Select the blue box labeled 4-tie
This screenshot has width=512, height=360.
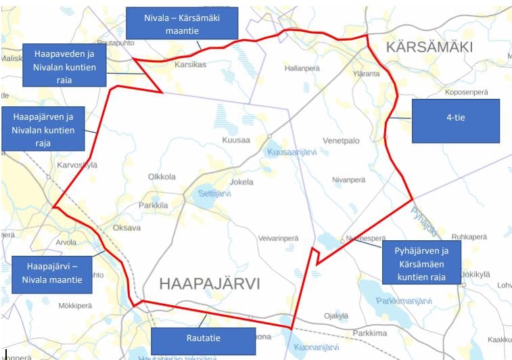click(x=455, y=120)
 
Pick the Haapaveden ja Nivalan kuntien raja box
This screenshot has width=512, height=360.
click(x=64, y=65)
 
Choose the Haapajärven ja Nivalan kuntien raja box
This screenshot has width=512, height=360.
click(x=43, y=128)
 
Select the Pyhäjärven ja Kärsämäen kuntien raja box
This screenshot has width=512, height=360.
click(x=421, y=264)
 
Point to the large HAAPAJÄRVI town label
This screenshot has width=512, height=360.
click(x=209, y=284)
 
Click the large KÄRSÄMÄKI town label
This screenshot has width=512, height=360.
click(x=429, y=47)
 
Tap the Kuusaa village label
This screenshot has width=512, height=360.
click(x=236, y=140)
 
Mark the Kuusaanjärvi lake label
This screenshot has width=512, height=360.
click(x=293, y=153)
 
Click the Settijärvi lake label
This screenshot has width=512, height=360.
click(x=214, y=194)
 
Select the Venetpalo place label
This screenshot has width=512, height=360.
click(x=341, y=141)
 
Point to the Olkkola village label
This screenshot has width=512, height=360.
click(x=162, y=177)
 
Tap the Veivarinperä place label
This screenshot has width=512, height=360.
click(x=278, y=239)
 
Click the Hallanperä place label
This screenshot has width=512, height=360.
click(x=301, y=68)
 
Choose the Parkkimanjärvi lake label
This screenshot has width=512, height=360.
click(x=404, y=301)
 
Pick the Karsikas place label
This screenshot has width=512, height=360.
click(x=190, y=65)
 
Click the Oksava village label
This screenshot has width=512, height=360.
click(x=126, y=228)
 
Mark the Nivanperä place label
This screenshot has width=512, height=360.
click(x=348, y=180)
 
